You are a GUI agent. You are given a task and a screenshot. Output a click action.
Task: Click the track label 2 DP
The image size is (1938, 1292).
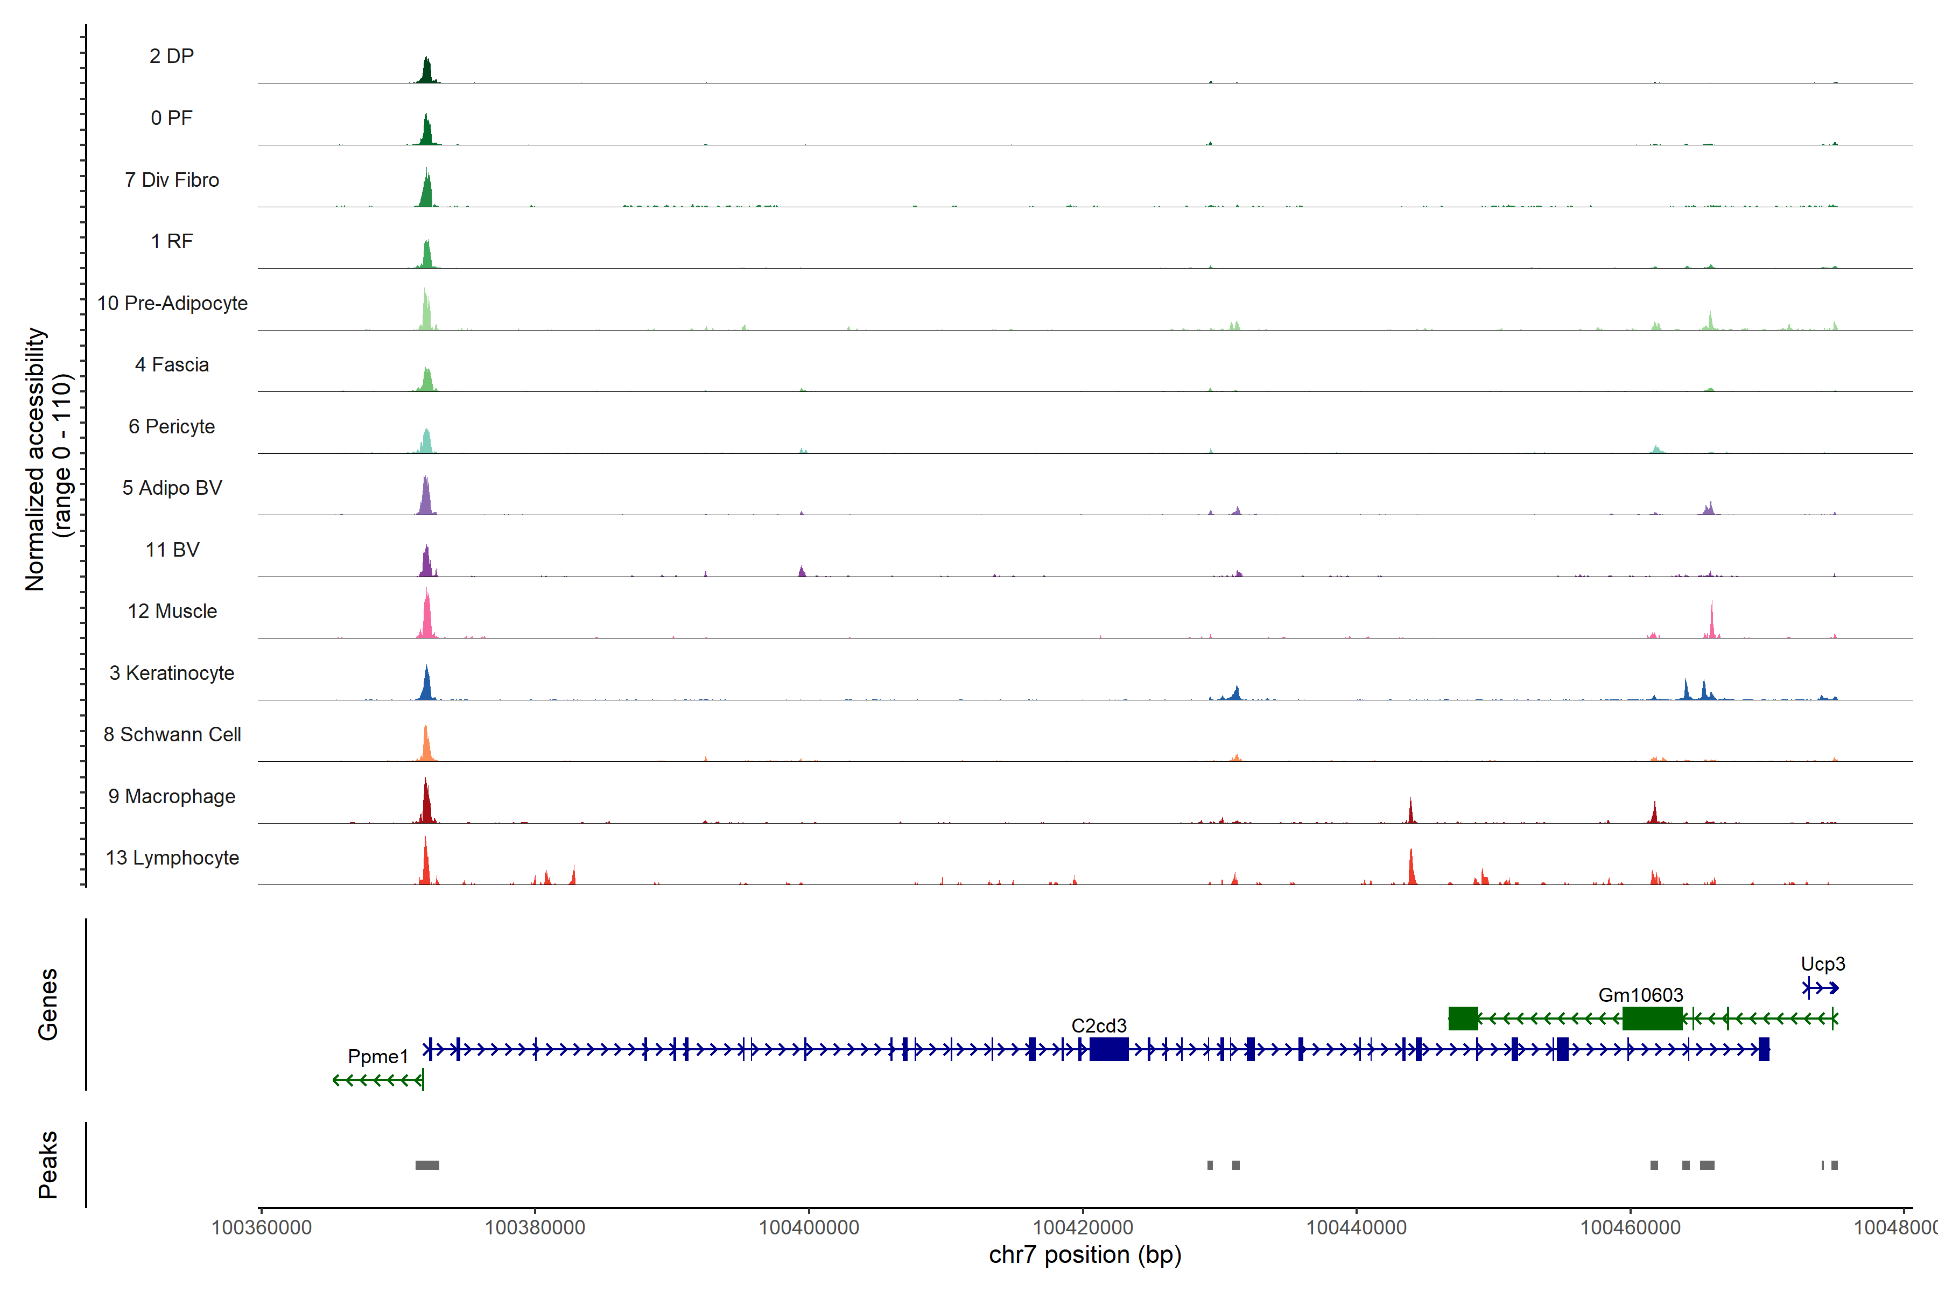pos(171,56)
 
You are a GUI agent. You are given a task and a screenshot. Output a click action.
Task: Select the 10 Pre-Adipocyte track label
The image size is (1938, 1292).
pos(172,303)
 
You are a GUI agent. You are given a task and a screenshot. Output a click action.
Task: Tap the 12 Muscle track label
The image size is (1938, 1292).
pos(172,612)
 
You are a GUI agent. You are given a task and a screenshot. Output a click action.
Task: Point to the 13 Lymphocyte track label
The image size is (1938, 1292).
pos(172,858)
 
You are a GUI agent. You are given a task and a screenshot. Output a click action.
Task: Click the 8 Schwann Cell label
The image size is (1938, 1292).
pos(172,734)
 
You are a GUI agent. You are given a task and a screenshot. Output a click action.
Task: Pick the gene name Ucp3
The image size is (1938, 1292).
pos(1823,964)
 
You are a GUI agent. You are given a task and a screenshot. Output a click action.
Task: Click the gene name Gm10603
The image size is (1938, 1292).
pos(1640,995)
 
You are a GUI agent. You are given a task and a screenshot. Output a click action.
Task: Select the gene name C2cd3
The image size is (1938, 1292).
pos(1098,1026)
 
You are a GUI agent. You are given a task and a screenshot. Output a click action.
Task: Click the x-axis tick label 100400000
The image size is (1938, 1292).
pos(809,1228)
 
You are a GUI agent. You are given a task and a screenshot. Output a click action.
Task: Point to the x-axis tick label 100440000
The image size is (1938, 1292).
pos(1356,1228)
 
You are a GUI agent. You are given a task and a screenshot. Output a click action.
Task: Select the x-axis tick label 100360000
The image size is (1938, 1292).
pos(261,1228)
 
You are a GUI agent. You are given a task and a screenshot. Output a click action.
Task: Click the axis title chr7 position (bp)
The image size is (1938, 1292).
pos(1084,1255)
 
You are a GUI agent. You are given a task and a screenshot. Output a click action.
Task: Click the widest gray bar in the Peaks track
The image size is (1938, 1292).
pos(427,1165)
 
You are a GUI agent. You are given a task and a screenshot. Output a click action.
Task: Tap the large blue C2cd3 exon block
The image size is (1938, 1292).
pos(1109,1049)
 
